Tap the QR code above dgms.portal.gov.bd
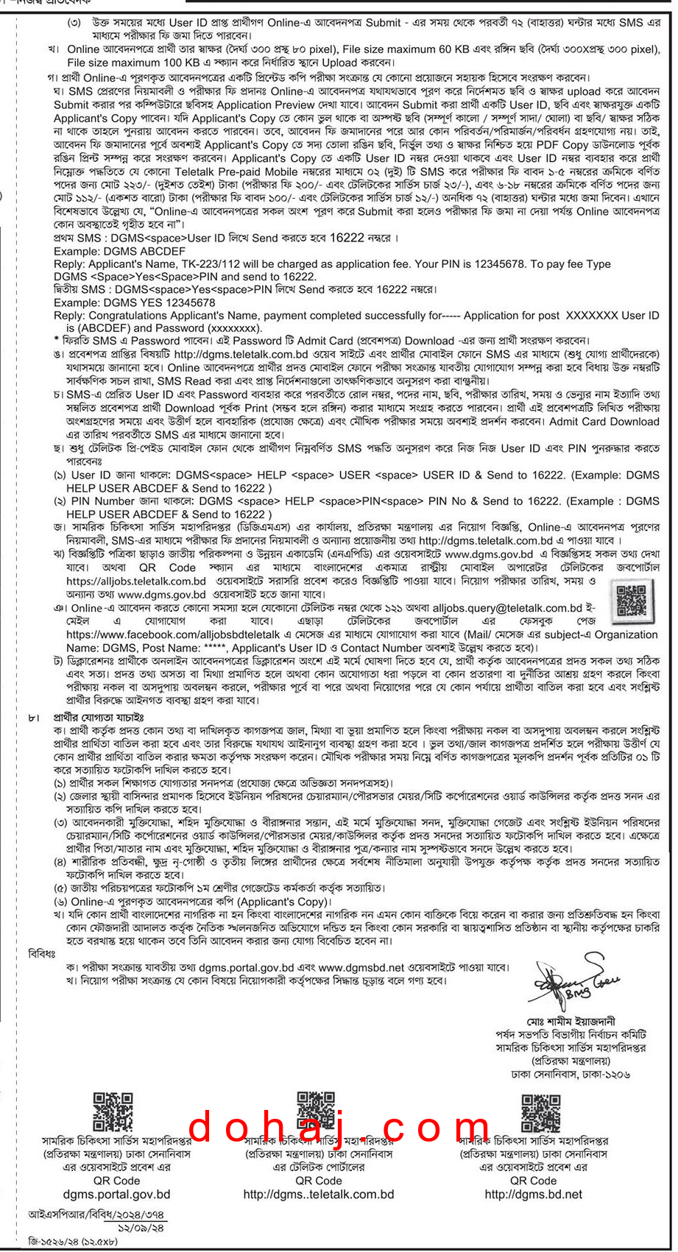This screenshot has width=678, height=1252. click(x=113, y=1112)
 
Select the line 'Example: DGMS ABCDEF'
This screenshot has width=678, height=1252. click(x=120, y=251)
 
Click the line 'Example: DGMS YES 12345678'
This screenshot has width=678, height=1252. click(x=135, y=303)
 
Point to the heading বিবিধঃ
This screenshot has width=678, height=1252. click(x=42, y=954)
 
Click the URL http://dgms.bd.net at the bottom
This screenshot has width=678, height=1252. click(x=533, y=1194)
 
